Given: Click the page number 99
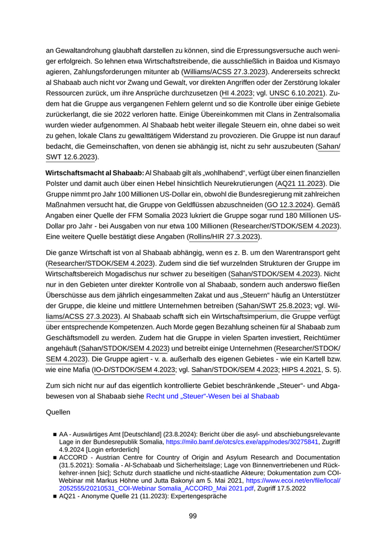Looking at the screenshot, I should tap(192, 516).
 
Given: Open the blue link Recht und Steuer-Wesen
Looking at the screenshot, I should tap(212, 396).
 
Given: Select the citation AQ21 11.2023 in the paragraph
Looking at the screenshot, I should tap(302, 183).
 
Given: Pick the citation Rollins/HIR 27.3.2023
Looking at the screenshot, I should tap(224, 237).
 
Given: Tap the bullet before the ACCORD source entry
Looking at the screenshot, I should tap(55, 458).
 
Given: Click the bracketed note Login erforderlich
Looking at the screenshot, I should tap(109, 450).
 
